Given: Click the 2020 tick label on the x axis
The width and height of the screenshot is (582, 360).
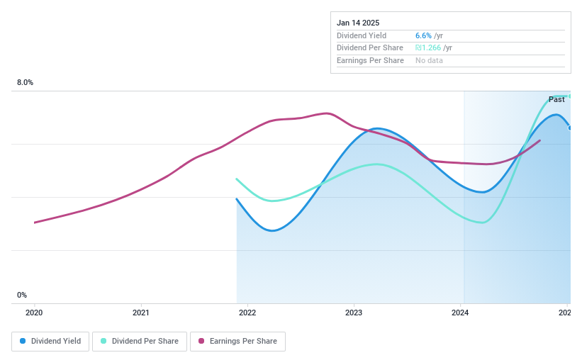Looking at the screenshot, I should [x=35, y=313].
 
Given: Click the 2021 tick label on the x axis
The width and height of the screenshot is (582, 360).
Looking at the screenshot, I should [x=141, y=313].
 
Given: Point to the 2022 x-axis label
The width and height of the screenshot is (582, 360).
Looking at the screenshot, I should [x=247, y=313].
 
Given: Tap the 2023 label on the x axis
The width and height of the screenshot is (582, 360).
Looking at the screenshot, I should [x=354, y=313].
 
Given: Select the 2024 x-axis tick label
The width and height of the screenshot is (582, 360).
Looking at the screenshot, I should [x=460, y=313].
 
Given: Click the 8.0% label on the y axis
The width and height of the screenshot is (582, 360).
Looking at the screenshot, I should [x=26, y=83].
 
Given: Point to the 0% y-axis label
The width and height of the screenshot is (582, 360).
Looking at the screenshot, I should [x=22, y=296].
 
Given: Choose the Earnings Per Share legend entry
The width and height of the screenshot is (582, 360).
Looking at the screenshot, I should [x=237, y=341].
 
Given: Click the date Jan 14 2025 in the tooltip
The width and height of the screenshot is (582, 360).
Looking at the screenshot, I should [x=358, y=23].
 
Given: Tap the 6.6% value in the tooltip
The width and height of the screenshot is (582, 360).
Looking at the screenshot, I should [x=423, y=35].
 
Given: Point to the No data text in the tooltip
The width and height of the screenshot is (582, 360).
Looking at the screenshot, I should [x=429, y=61].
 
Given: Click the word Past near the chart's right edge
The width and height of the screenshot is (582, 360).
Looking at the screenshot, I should [x=556, y=100].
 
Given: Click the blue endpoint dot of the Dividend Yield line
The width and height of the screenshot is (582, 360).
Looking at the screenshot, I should [x=570, y=128].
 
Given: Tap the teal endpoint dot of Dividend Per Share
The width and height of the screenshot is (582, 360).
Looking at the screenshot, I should [x=570, y=96].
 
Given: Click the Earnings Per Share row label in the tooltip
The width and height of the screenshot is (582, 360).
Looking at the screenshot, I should [x=370, y=61].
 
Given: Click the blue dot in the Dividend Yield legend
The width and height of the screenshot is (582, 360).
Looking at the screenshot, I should [x=23, y=341].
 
